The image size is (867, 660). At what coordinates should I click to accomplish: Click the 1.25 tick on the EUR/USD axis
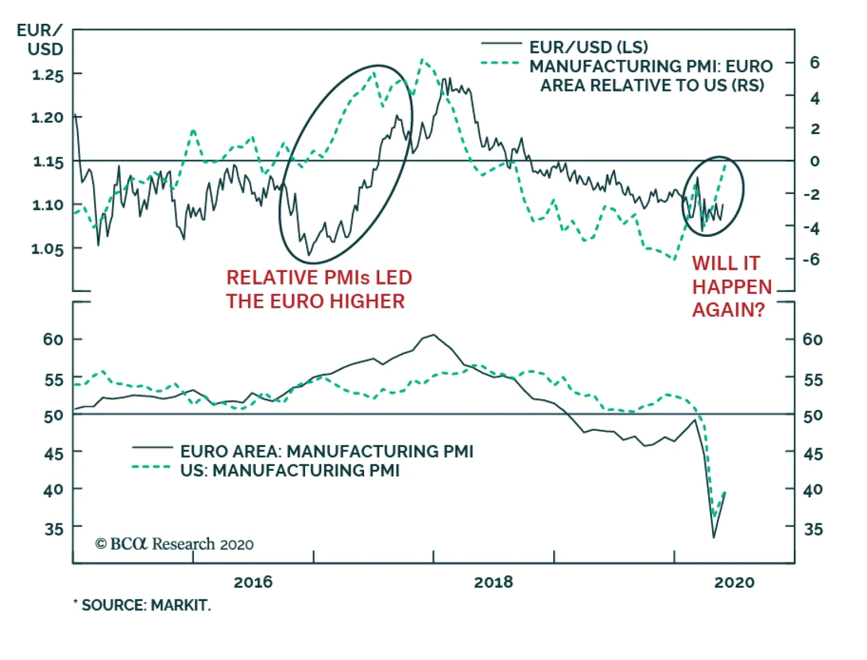48,75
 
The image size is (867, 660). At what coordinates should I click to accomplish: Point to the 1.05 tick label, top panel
48,249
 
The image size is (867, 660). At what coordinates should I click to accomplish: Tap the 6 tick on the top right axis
814,63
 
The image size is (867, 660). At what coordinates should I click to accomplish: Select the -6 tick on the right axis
812,260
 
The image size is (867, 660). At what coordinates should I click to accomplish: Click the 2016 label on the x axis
253,583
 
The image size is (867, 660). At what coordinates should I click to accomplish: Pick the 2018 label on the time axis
493,583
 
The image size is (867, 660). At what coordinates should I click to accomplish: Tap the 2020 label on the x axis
734,583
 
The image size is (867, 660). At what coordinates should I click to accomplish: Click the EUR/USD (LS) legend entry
588,47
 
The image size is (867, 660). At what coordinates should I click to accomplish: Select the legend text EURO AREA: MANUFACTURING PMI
327,451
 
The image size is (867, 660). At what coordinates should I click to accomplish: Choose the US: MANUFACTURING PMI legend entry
290,470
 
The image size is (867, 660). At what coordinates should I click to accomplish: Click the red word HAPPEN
732,287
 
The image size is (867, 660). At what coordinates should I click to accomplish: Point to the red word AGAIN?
728,310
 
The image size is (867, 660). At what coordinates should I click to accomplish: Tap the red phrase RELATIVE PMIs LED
319,277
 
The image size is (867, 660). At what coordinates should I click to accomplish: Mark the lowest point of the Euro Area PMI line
714,538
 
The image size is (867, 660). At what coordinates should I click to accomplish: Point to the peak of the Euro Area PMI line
433,335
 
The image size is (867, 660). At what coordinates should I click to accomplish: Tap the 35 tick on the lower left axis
54,528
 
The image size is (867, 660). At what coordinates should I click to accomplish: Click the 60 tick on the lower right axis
812,340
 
